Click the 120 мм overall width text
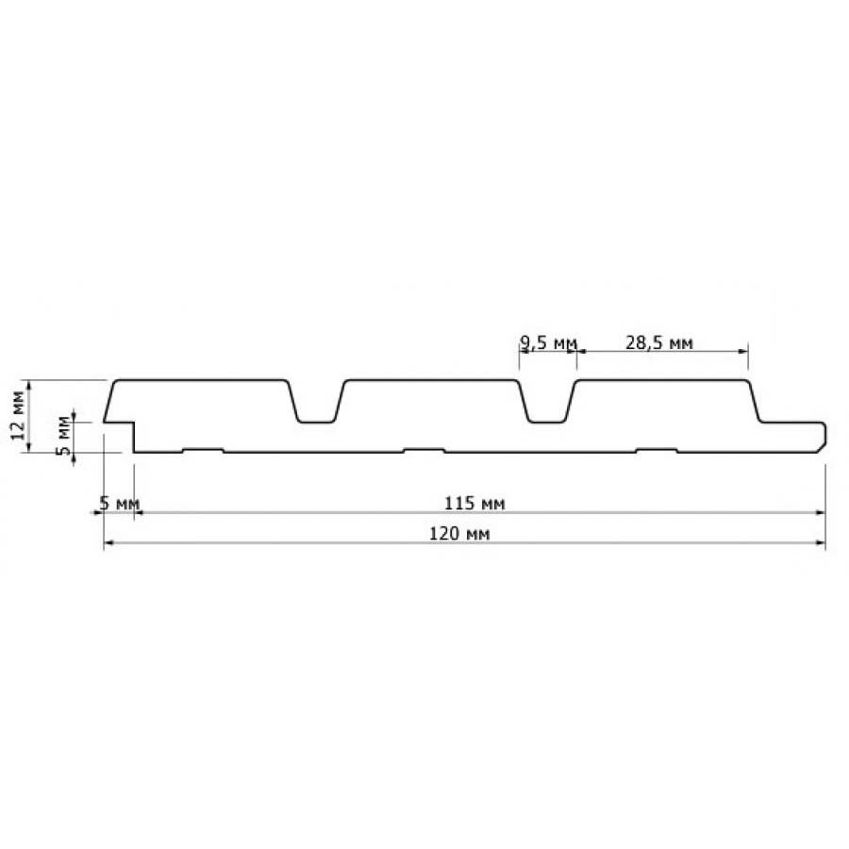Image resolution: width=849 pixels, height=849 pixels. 463,534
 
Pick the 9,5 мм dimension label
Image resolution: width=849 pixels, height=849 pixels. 547,342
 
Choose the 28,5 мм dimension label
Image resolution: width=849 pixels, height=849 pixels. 660,342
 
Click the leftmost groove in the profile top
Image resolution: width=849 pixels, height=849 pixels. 316,406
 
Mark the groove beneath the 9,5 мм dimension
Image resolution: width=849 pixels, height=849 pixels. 547,406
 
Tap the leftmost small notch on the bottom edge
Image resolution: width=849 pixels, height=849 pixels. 203,450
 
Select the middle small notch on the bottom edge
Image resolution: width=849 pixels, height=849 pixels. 424,450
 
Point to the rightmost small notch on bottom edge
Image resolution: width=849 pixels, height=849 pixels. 657,450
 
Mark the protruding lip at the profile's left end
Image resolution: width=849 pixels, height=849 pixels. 119,424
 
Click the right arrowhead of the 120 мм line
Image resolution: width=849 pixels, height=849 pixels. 820,544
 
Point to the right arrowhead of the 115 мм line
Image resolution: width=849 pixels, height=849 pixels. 820,513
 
